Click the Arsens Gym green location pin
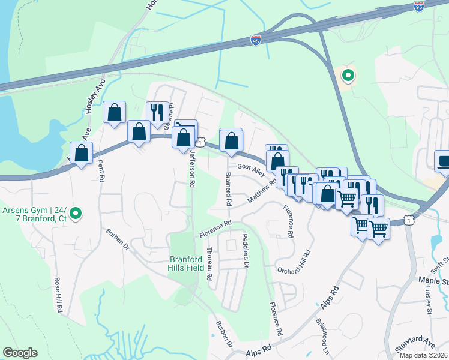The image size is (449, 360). point(76,212)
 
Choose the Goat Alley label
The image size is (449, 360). point(251,170)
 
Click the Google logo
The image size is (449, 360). point(20,353)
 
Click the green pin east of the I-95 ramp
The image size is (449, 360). point(347,76)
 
